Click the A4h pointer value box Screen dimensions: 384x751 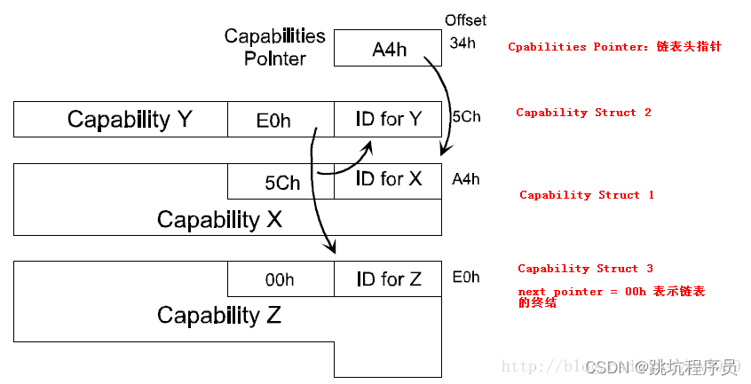(x=388, y=49)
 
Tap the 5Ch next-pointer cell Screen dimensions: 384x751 (x=281, y=182)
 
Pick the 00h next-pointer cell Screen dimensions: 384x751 (x=281, y=279)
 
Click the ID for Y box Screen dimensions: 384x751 (x=388, y=119)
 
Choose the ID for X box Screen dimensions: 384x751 (x=388, y=180)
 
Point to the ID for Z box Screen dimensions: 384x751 (x=388, y=279)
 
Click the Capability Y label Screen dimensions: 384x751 (x=130, y=119)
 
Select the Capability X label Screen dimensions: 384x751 (x=219, y=218)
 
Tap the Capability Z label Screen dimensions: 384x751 (x=219, y=315)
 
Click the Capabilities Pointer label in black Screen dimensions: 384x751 (x=274, y=48)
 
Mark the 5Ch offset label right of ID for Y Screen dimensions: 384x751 (x=466, y=116)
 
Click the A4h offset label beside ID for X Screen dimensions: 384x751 (x=466, y=179)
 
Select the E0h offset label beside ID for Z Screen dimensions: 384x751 (x=466, y=277)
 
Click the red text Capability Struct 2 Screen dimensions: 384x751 (x=583, y=113)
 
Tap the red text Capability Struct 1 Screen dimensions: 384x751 (x=586, y=195)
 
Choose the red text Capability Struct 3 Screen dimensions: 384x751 (x=585, y=269)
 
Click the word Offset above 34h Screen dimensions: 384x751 (x=465, y=20)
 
